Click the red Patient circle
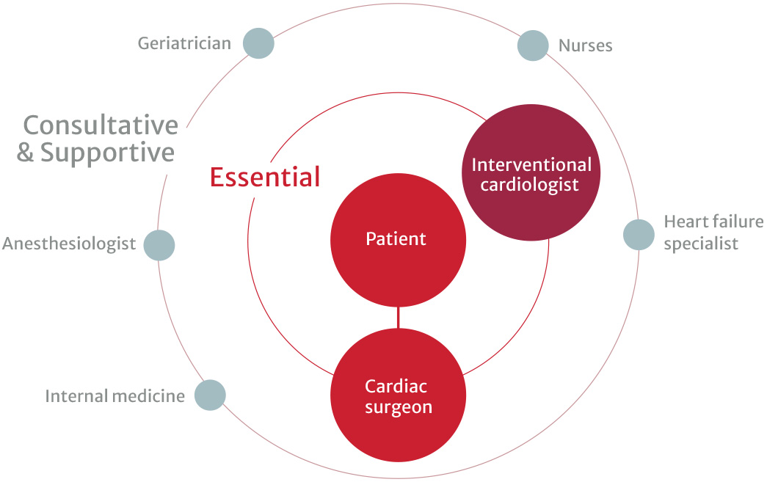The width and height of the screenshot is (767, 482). point(398,239)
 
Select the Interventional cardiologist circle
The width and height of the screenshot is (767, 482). point(531,174)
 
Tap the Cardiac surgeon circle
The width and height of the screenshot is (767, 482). point(398,396)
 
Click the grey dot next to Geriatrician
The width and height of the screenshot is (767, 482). point(258,43)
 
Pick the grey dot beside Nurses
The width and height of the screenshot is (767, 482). point(533,45)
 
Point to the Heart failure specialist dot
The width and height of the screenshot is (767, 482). point(639,234)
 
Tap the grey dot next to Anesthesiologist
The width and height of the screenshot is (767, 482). point(159,244)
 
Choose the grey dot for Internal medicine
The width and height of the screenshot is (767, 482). point(210,395)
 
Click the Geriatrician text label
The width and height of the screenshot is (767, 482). point(184,43)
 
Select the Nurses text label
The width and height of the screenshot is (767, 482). point(585,45)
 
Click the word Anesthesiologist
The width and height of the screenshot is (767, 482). point(69,244)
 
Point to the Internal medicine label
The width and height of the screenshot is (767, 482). point(114,396)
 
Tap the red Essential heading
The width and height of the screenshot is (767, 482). point(265,177)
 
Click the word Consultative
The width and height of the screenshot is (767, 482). point(100,125)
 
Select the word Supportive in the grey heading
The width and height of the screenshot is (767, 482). point(107,153)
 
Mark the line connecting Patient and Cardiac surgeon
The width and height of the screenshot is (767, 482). point(398,317)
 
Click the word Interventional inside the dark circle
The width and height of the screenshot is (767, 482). point(531,164)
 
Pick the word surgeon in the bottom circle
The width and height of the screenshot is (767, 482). point(398,407)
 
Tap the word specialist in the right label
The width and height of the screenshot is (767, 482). point(700,244)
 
